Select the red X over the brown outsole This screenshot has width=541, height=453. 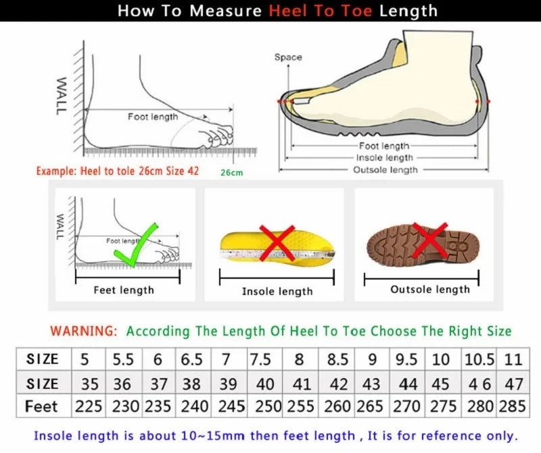429,240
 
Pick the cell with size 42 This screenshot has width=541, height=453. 337,383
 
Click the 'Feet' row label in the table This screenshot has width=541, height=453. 42,406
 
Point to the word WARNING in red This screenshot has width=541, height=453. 83,331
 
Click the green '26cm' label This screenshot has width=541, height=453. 231,173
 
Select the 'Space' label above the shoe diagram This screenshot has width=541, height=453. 288,57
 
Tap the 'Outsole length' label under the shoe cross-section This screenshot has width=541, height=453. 385,169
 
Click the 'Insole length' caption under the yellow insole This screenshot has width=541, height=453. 277,291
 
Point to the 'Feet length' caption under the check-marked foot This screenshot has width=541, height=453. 124,290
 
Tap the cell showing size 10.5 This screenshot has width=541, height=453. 479,359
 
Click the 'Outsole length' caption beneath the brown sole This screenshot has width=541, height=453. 429,289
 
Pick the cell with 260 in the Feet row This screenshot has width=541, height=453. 337,406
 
